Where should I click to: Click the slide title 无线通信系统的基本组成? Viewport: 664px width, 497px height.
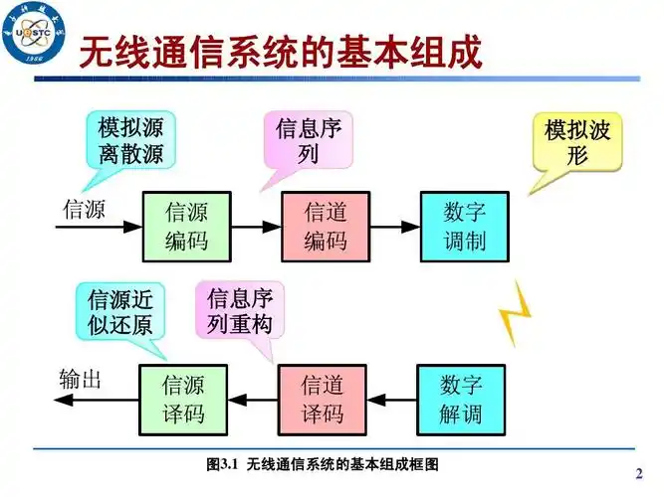click(x=280, y=52)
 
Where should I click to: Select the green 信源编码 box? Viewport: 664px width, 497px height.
click(x=185, y=227)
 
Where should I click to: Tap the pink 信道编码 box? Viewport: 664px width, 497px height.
click(x=325, y=227)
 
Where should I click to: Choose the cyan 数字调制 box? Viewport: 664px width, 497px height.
click(x=464, y=227)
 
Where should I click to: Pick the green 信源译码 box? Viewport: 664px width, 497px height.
click(x=184, y=399)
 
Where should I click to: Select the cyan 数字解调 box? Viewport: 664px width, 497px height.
click(x=461, y=399)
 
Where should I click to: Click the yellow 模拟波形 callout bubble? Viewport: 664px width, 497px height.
click(x=577, y=142)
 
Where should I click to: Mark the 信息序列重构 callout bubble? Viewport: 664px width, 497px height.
click(x=240, y=310)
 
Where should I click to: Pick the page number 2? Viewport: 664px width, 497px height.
click(x=638, y=471)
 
